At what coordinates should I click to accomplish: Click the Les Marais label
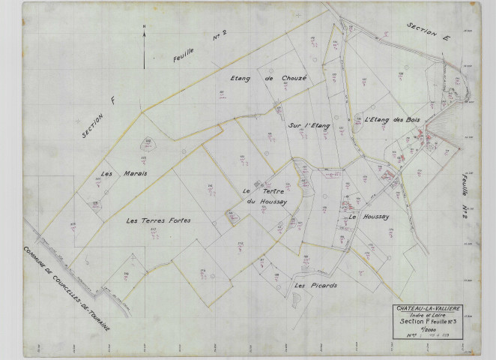[124, 173]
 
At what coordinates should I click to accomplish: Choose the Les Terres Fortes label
[159, 220]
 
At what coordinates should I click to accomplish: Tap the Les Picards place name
[315, 285]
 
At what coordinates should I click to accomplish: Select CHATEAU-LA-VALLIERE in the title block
[429, 308]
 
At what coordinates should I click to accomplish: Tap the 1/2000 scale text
[428, 331]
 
